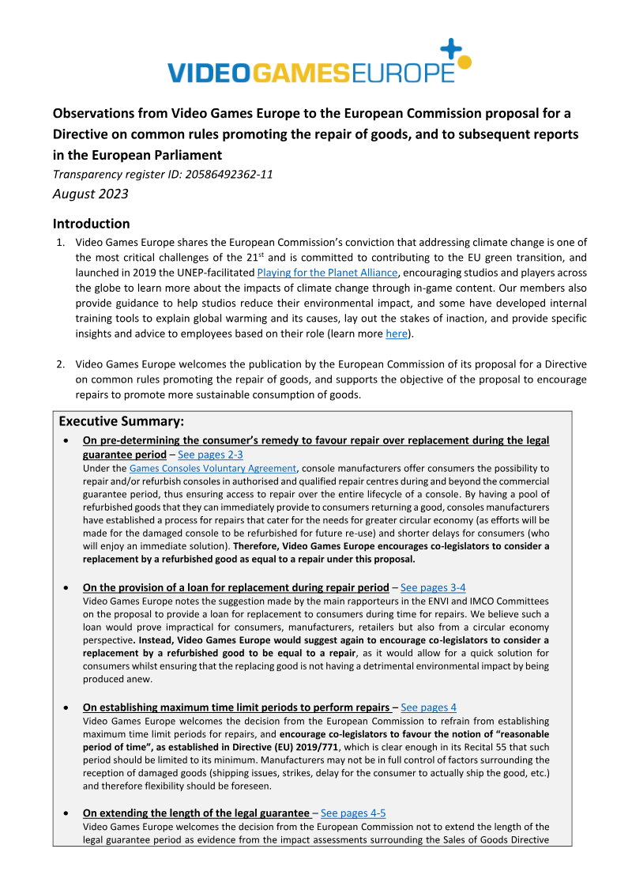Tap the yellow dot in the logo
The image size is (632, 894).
click(465, 62)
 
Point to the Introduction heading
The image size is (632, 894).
click(91, 224)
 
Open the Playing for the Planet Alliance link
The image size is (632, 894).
click(327, 273)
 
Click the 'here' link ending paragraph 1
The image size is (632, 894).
click(395, 334)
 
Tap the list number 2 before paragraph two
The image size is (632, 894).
click(60, 364)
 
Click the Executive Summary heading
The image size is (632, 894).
click(121, 421)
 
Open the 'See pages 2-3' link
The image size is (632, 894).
click(210, 455)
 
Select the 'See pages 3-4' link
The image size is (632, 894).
click(433, 587)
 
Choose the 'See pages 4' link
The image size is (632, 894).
click(428, 707)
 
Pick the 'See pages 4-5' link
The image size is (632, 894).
click(353, 813)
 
